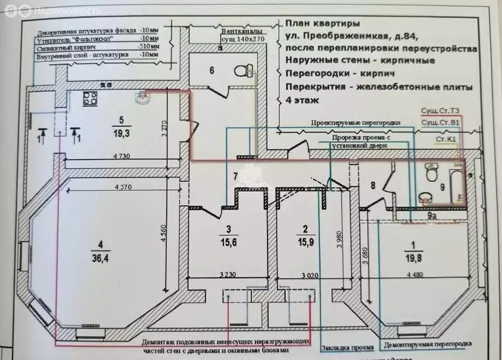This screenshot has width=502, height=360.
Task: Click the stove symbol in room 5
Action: click(89, 99)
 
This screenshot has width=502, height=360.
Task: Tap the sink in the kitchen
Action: click(144, 97)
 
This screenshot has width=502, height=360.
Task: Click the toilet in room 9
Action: click(431, 174)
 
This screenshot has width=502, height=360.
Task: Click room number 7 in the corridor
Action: click(235, 176)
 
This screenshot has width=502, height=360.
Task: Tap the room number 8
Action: click(373, 185)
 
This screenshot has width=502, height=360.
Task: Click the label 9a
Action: click(431, 216)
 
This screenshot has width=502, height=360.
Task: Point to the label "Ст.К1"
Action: click(445, 139)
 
